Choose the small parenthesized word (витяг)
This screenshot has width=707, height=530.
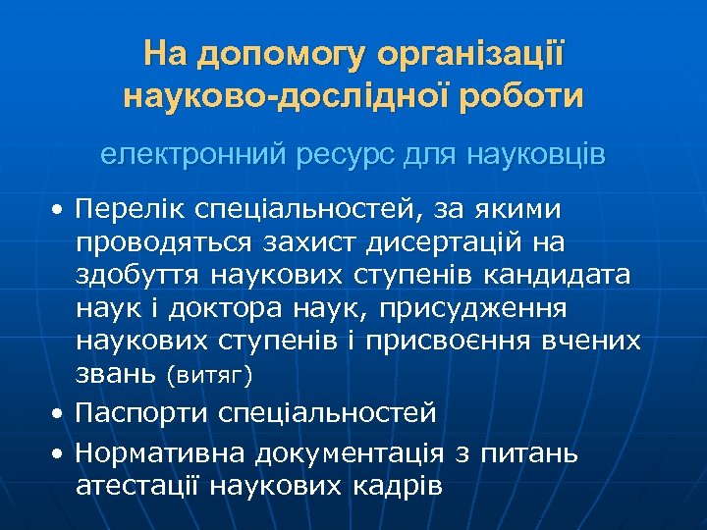[209, 376]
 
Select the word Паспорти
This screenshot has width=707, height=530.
[140, 413]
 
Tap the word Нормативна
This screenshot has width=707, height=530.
[160, 452]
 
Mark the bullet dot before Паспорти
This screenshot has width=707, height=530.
[60, 414]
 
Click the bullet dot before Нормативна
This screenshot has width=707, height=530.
[60, 453]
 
